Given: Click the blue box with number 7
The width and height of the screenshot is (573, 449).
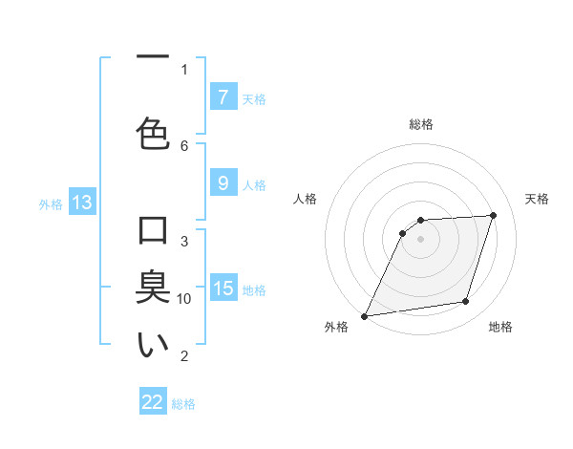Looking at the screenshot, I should point(223,97).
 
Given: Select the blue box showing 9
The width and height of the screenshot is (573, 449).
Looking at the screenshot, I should point(223,183).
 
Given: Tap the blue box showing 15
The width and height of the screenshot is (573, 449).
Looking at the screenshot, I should point(223,288).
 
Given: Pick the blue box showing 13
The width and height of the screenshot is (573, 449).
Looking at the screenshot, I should point(81,203).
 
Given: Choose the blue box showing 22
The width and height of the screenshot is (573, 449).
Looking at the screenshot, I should point(153,402).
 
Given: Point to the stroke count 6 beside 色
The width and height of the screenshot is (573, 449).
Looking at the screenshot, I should point(184,145).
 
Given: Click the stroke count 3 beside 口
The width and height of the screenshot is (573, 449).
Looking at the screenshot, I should point(184,241).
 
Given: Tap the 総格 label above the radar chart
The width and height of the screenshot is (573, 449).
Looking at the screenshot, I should point(421,124).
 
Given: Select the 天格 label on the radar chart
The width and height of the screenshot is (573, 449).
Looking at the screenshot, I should point(538,199).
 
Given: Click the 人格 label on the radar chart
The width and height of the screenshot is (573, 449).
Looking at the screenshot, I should point(306,199).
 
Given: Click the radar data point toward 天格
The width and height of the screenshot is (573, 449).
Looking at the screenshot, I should point(494,215).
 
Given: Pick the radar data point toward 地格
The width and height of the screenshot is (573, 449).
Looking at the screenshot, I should point(466,302).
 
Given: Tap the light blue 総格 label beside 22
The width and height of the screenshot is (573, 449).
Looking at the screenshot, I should point(183,403).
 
